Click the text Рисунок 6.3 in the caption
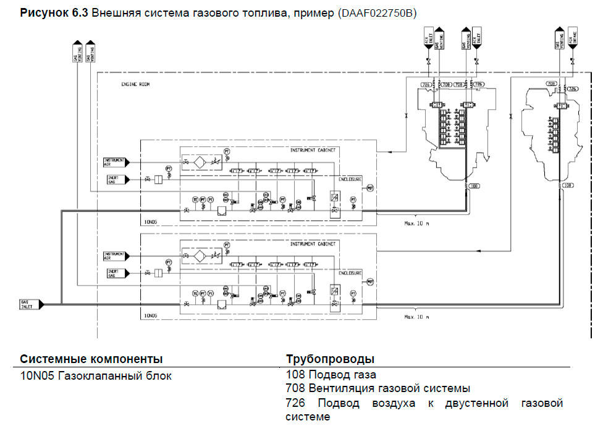pyautogui.click(x=54, y=12)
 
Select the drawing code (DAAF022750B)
pyautogui.click(x=377, y=12)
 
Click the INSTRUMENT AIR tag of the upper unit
pyautogui.click(x=116, y=162)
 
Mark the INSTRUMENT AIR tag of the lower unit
pyautogui.click(x=116, y=254)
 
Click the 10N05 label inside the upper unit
pyautogui.click(x=151, y=220)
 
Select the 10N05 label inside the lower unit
pyautogui.click(x=151, y=315)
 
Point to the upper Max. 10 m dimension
pyautogui.click(x=416, y=223)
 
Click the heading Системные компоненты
pyautogui.click(x=91, y=359)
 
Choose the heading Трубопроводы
pyautogui.click(x=330, y=359)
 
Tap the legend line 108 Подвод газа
pyautogui.click(x=331, y=374)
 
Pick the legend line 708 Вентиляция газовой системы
pyautogui.click(x=378, y=388)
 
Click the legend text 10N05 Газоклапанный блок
pyautogui.click(x=96, y=375)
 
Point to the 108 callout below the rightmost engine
pyautogui.click(x=568, y=185)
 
